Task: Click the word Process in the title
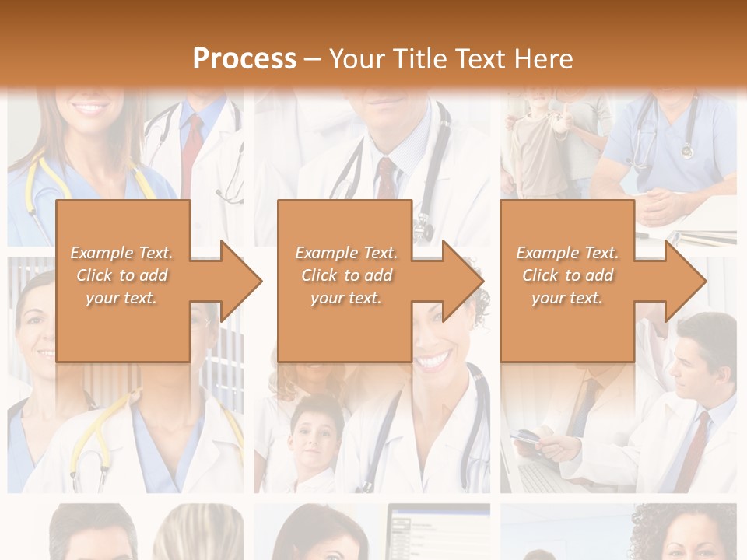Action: pos(244,59)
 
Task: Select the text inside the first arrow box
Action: pos(121,275)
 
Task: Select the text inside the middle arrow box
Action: pos(346,275)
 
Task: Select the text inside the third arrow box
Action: pos(567,275)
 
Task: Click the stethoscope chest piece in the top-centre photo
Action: pos(423,227)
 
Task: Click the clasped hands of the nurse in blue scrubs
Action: pos(661,206)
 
